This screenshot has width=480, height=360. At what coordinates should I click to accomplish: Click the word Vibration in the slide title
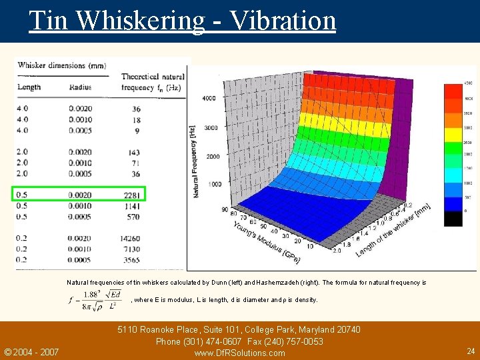(x=283, y=20)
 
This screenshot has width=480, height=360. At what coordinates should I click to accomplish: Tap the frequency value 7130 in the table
(x=131, y=249)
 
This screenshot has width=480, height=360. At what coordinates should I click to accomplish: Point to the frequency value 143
(x=135, y=152)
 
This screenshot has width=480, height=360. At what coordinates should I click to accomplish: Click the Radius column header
(x=79, y=87)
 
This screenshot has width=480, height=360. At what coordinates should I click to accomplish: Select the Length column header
(x=29, y=87)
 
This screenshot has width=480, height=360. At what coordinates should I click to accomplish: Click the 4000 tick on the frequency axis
(x=209, y=99)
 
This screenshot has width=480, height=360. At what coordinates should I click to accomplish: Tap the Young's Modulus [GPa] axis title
(x=267, y=241)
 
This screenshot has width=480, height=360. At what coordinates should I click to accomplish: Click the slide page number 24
(x=471, y=351)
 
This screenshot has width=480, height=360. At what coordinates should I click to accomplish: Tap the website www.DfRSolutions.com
(x=239, y=353)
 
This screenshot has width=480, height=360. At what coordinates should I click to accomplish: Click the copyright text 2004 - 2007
(x=31, y=352)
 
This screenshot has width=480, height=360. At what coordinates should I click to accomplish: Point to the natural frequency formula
(x=96, y=299)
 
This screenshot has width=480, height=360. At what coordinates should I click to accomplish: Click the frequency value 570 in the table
(x=133, y=217)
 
